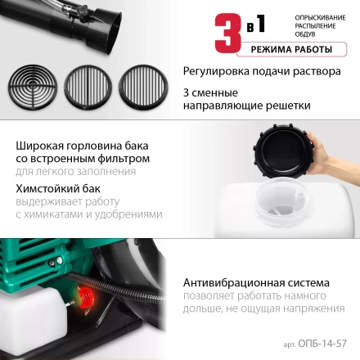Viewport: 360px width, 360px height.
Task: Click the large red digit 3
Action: click(x=228, y=29)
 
